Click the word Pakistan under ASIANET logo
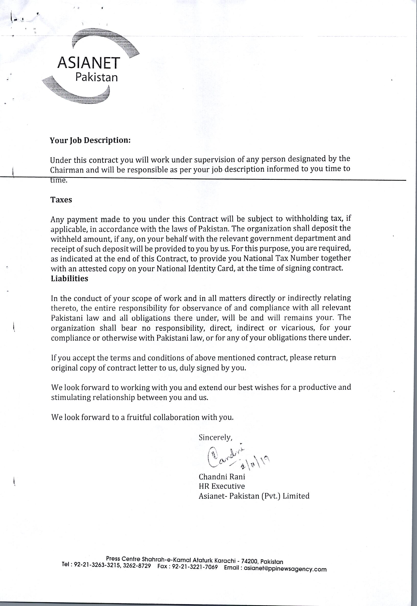coord(96,77)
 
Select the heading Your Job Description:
coord(90,141)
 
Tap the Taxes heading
coord(61,200)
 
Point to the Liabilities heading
coord(69,278)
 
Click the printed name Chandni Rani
coord(222,477)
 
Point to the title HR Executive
coord(222,486)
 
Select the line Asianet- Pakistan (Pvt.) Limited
coord(254,496)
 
